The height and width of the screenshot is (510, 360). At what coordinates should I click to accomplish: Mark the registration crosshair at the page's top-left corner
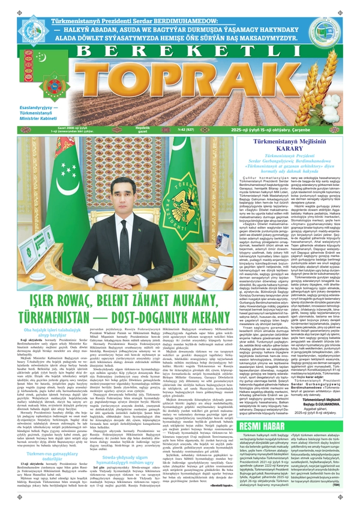[x=5, y=5]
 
